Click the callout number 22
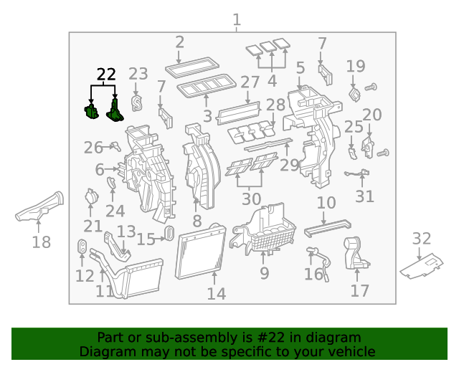(105, 74)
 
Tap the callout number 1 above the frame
(237, 20)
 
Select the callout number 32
(422, 239)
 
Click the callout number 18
(42, 243)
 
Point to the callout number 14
(216, 294)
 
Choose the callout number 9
(264, 273)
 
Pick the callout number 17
(359, 290)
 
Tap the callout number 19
(355, 67)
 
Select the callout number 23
(138, 74)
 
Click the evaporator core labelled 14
(202, 254)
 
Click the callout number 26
(93, 148)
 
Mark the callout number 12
(85, 276)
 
